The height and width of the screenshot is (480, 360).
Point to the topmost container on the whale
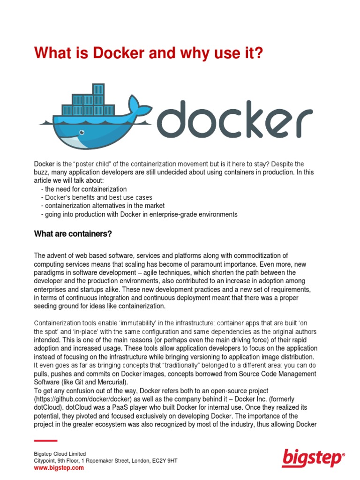pos(98,89)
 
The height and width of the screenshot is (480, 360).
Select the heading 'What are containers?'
pos(73,233)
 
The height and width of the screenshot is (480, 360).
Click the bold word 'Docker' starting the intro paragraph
pos(44,164)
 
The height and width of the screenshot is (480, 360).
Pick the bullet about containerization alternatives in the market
pos(103,206)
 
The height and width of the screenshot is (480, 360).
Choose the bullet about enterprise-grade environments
pos(139,214)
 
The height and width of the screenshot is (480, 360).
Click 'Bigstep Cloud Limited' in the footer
pos(60,454)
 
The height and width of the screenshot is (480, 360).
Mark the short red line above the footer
pos(45,441)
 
